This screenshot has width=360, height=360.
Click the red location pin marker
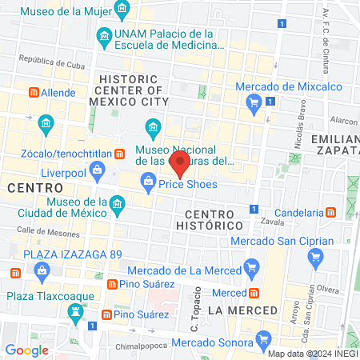coord(181,166)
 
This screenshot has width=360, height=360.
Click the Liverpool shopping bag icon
coord(97,169)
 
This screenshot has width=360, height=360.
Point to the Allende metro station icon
coord(34,93)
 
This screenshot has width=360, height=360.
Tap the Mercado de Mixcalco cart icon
coord(254,100)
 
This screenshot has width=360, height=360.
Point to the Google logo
coord(26,350)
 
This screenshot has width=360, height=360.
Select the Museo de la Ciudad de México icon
coord(116,205)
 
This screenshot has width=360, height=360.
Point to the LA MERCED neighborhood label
coord(242,310)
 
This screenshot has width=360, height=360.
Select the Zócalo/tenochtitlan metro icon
coord(118,153)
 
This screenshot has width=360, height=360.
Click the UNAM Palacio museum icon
coord(103,36)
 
